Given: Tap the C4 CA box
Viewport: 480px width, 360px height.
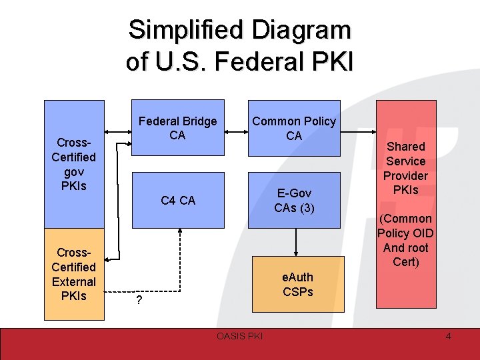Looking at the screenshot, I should tap(178, 200).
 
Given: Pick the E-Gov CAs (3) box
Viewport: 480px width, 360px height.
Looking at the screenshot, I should tap(294, 200).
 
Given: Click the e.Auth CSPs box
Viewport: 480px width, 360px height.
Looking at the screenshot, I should tap(297, 284).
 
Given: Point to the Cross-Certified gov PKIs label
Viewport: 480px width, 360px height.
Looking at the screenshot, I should tap(74, 164).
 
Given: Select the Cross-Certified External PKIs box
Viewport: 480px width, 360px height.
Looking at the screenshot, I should tap(74, 274).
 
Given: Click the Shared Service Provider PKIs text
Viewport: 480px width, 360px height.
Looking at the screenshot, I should tap(405, 168).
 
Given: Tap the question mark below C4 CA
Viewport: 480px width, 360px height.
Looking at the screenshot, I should tap(139, 300).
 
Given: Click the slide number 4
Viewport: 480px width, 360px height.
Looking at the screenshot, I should tap(448, 336).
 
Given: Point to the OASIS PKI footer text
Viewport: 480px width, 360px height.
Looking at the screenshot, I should tap(240, 336).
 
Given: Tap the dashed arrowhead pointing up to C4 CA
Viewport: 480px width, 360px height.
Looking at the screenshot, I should tap(181, 230).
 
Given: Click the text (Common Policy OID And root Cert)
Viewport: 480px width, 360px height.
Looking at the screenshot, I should tap(405, 240).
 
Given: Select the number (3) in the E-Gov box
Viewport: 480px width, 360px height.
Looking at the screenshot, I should tap(307, 207).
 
